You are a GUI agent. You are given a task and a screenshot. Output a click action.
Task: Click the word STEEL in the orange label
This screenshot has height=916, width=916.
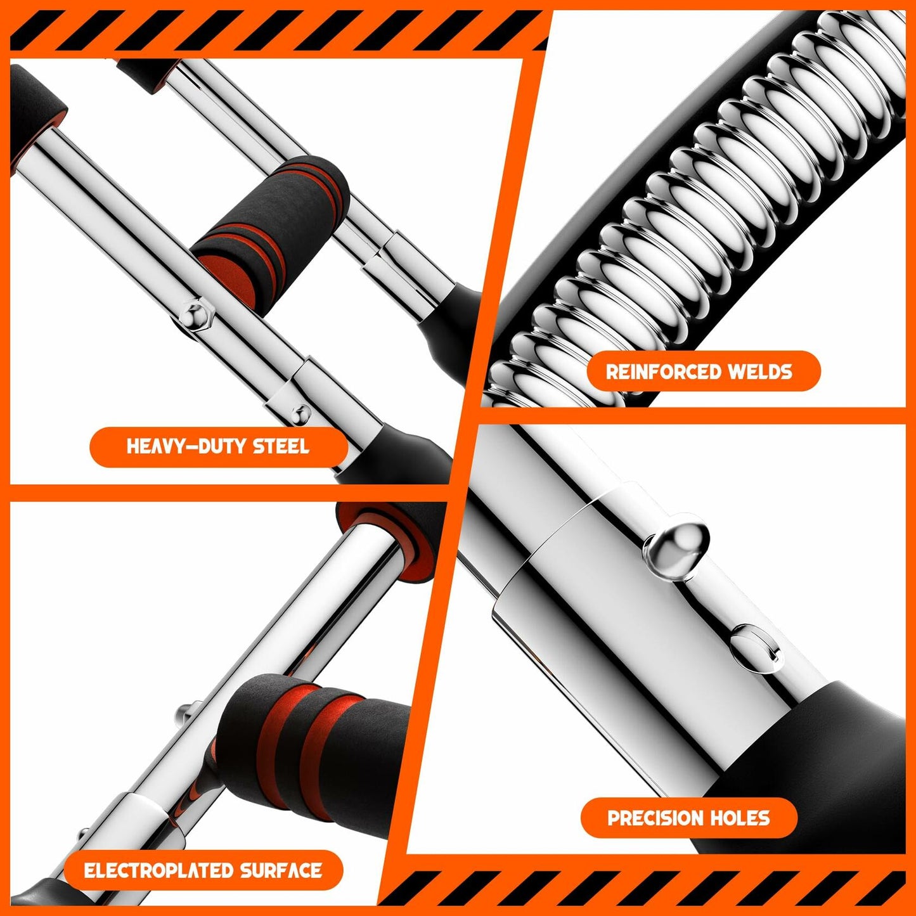pyautogui.click(x=281, y=447)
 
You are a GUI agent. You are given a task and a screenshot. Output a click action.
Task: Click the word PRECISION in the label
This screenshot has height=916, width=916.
pyautogui.click(x=657, y=818)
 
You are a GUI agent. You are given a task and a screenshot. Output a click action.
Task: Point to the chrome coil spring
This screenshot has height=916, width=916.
pyautogui.click(x=697, y=209)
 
